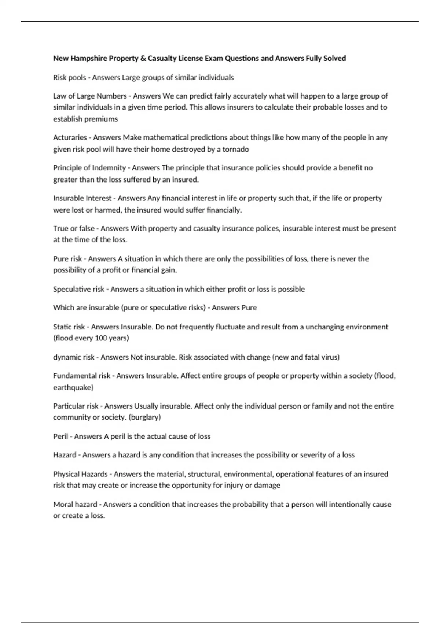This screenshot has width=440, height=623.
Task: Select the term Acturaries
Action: click(x=70, y=137)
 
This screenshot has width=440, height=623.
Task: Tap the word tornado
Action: click(x=236, y=149)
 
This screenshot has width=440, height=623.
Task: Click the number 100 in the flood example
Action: click(x=101, y=338)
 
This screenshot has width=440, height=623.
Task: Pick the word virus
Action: click(x=329, y=357)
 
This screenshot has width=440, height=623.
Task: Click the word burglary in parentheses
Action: click(x=144, y=417)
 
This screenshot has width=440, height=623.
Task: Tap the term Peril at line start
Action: click(x=60, y=436)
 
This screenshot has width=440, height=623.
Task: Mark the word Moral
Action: click(x=63, y=504)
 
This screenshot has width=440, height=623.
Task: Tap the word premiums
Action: click(x=101, y=119)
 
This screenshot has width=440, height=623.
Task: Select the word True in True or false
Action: click(x=60, y=228)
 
